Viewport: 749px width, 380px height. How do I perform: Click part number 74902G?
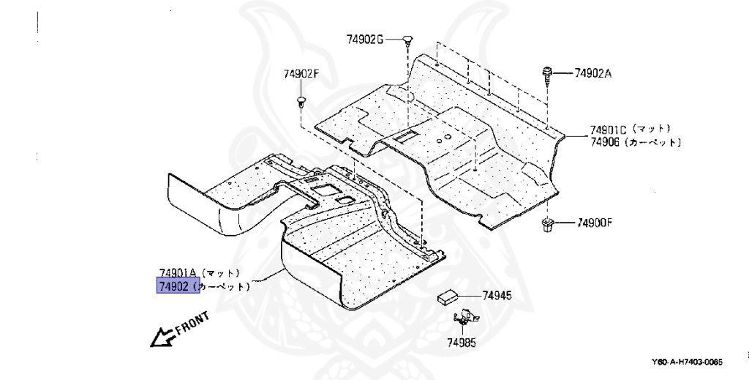[365, 38]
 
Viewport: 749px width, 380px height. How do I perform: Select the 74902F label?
[301, 73]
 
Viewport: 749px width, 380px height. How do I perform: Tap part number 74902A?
[592, 72]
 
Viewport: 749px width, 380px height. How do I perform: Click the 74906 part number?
[605, 142]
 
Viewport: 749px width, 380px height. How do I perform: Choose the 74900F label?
[594, 223]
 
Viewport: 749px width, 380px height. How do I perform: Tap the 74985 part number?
[461, 342]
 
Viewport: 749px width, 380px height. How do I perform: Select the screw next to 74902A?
[547, 73]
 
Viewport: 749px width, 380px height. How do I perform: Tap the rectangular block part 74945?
[448, 297]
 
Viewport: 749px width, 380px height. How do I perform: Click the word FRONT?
[192, 323]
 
